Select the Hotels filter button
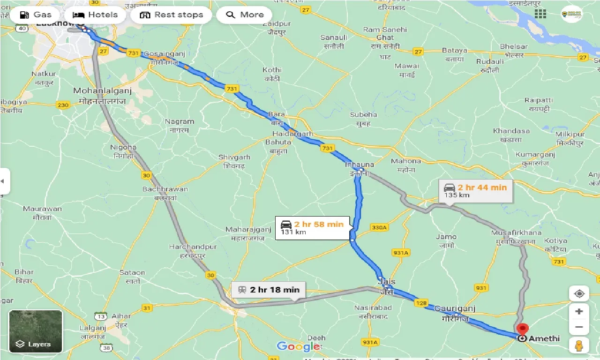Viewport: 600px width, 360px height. pyautogui.click(x=96, y=15)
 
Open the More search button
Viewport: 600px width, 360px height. pyautogui.click(x=244, y=15)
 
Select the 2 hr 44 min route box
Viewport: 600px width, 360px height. pyautogui.click(x=475, y=191)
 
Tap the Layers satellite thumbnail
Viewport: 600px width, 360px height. pyautogui.click(x=36, y=331)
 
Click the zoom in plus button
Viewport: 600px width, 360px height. pyautogui.click(x=579, y=311)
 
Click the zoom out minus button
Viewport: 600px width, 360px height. pyautogui.click(x=579, y=327)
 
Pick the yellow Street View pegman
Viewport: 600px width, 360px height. pyautogui.click(x=579, y=345)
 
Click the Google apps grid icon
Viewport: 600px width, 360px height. pyautogui.click(x=540, y=14)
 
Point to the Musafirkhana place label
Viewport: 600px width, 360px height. pyautogui.click(x=516, y=232)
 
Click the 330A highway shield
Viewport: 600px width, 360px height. pyautogui.click(x=379, y=227)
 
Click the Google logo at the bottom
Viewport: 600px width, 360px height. pyautogui.click(x=298, y=346)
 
